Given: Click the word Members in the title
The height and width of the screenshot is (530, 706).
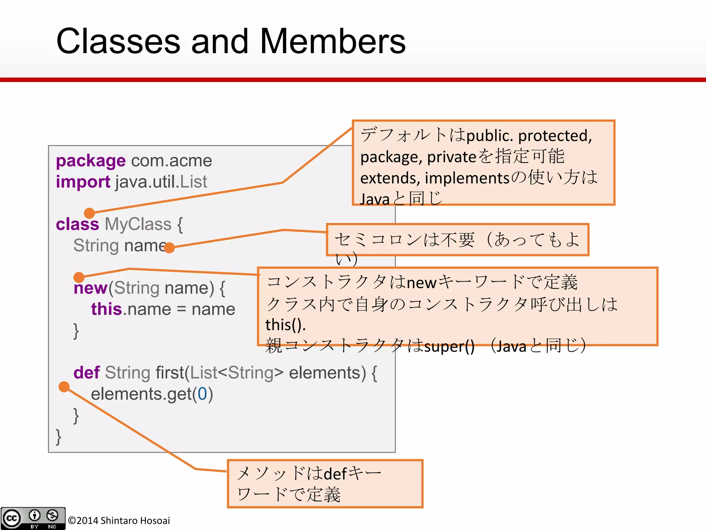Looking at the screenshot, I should [333, 41].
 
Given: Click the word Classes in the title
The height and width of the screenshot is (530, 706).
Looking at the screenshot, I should [118, 41].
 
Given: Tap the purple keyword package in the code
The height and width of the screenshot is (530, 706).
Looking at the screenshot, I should [91, 161].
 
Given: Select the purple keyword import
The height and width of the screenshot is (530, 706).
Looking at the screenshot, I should [83, 181].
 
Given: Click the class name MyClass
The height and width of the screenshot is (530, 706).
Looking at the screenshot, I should [138, 224].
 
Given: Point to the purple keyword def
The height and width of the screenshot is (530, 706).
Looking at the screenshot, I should [87, 373].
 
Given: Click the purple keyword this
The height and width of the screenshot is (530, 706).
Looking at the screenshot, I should [107, 309].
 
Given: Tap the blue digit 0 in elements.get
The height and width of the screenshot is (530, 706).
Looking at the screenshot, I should [202, 394].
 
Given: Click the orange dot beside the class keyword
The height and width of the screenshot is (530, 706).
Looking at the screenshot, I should [89, 213].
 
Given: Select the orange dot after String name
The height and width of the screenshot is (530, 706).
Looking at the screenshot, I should [169, 247].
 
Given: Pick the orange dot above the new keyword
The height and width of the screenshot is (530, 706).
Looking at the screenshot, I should [79, 277].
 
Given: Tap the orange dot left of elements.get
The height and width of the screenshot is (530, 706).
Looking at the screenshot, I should [64, 387].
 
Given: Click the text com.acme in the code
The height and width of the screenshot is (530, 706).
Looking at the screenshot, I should [171, 161].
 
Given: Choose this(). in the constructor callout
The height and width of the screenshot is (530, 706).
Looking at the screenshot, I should [285, 325].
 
